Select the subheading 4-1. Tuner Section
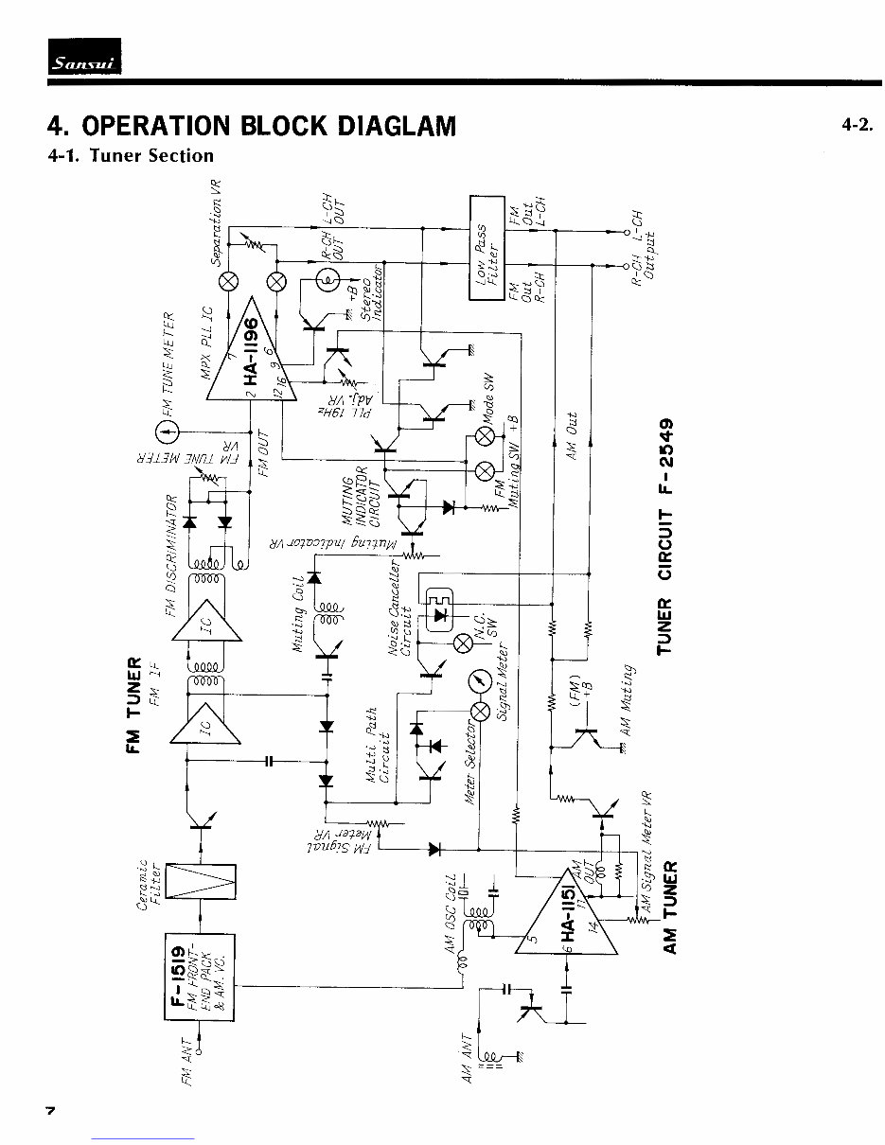coord(132,155)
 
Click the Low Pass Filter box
coord(487,247)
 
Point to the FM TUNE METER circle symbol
coord(167,432)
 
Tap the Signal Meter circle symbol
coord(482,680)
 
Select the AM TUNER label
coord(669,907)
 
